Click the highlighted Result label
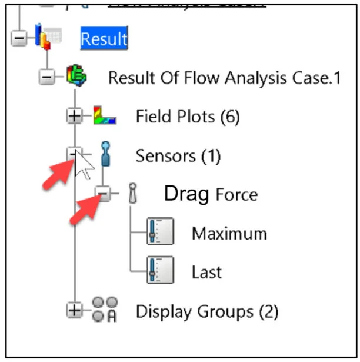pos(104,39)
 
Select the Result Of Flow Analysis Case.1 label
pos(224,78)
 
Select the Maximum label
pos(229,233)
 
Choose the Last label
pos(206,272)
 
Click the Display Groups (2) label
pos(206,311)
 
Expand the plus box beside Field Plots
pos(74,117)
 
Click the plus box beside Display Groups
pos(74,311)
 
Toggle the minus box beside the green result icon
pos(45,78)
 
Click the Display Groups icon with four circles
pos(105,310)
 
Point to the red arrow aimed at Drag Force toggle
pos(85,211)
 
